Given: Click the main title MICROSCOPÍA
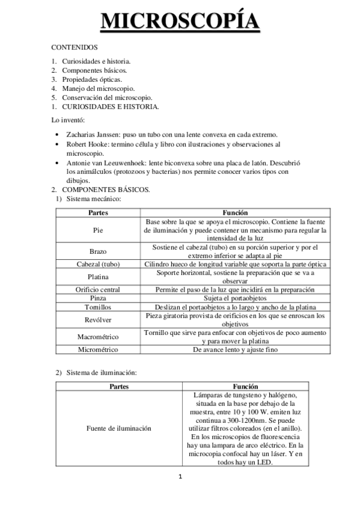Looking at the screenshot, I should tap(180, 21).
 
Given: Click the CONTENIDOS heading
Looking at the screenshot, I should tap(75, 46).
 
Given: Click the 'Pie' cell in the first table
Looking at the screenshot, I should tap(98, 230).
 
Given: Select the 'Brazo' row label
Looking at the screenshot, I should tap(98, 251).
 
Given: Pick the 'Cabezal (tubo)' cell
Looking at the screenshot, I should tap(98, 264).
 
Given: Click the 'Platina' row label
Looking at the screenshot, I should tap(98, 277).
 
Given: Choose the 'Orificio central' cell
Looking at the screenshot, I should tap(98, 289).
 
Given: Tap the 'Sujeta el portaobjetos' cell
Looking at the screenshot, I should tap(236, 298).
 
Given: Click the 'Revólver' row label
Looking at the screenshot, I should tap(98, 319).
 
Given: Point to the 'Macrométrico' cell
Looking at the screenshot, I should tap(98, 336).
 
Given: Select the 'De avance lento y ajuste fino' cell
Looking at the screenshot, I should tap(236, 349).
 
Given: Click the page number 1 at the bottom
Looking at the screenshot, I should tap(180, 478).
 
